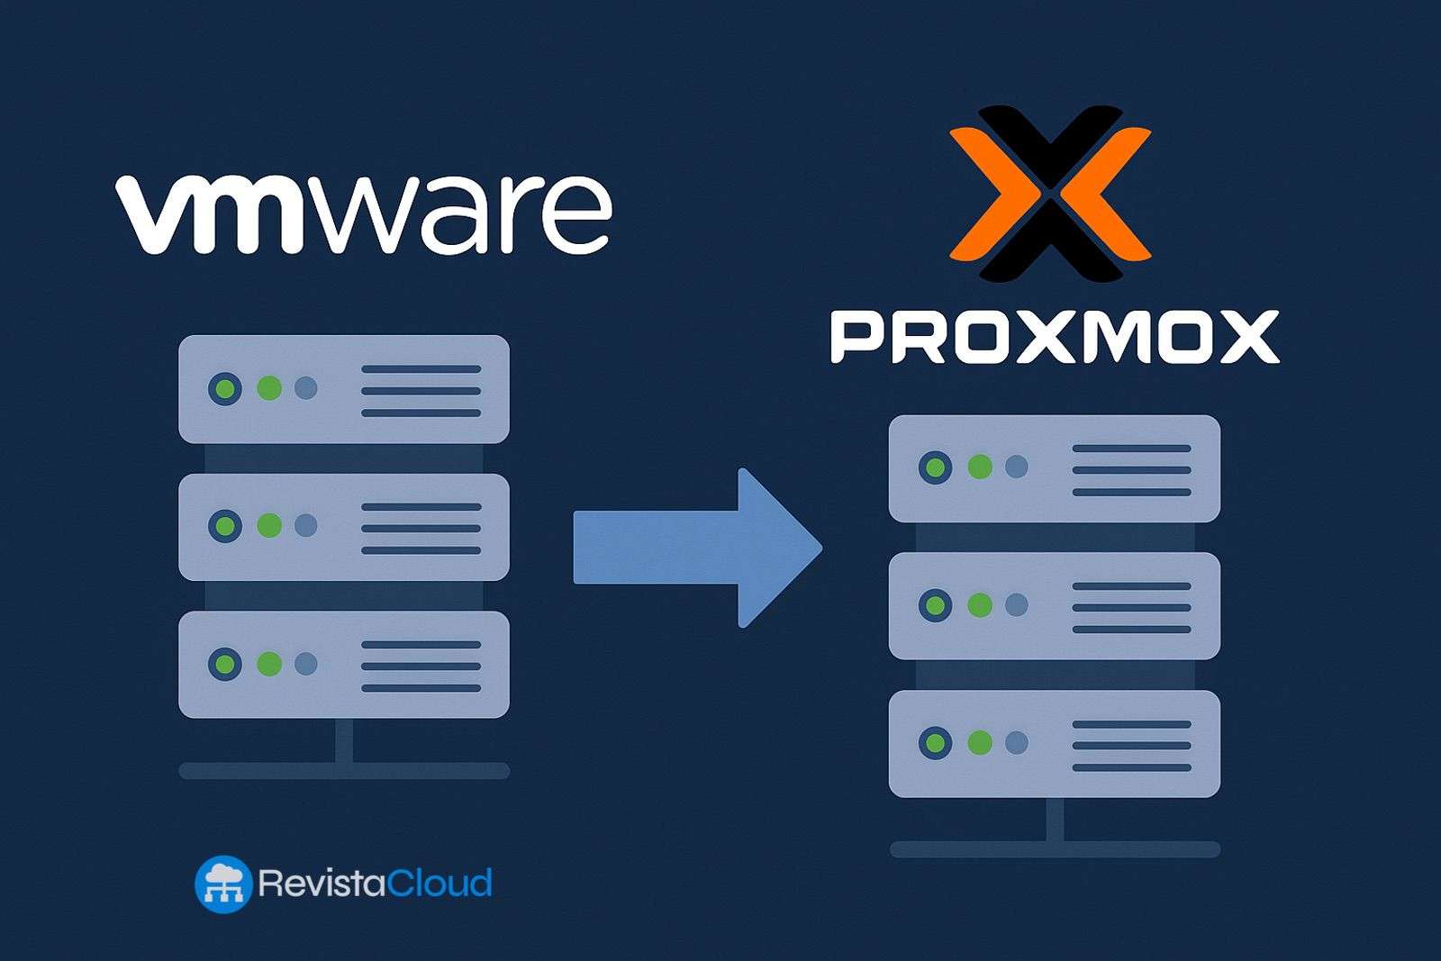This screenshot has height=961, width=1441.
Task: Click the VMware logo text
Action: (x=364, y=214)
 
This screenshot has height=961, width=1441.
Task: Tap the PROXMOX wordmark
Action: (x=1054, y=337)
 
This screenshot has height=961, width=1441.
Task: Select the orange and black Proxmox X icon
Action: (x=1050, y=192)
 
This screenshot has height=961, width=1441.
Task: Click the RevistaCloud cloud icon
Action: (x=222, y=884)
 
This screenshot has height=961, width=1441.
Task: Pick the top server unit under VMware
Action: (x=343, y=389)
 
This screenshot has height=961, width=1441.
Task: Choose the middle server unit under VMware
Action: (x=343, y=527)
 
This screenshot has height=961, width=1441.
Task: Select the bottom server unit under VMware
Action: (x=343, y=665)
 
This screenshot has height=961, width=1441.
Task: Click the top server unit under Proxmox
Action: (x=1054, y=468)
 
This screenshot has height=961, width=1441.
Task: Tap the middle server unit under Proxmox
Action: (x=1054, y=606)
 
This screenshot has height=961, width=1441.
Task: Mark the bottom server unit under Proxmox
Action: (x=1054, y=744)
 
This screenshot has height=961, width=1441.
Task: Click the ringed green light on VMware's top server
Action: (x=225, y=389)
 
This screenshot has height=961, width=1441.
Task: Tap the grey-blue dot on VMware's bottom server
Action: (x=306, y=664)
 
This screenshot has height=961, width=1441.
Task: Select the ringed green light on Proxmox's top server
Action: (x=935, y=467)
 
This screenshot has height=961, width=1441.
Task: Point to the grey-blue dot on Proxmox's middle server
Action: (x=1016, y=604)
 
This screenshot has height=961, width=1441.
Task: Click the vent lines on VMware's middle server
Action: (x=421, y=528)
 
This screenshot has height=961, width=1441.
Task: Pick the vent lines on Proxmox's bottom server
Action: (x=1131, y=746)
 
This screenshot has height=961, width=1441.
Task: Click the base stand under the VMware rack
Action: (x=343, y=770)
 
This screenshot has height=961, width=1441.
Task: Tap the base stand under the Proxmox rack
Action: (x=1055, y=848)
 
